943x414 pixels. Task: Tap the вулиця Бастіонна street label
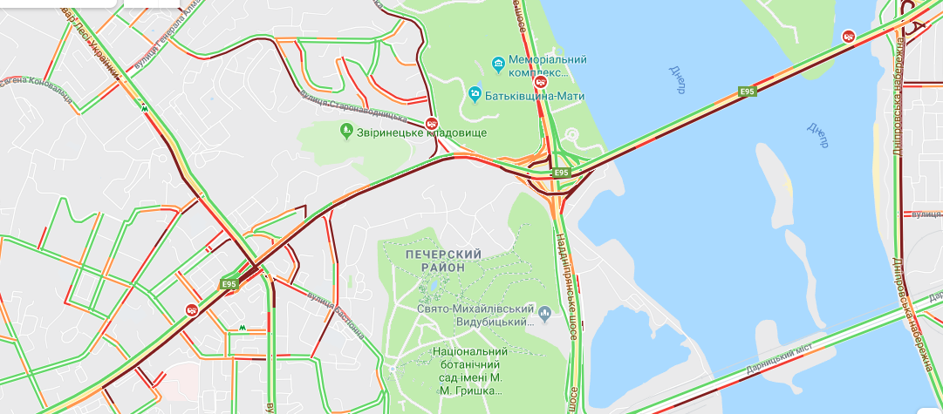335,314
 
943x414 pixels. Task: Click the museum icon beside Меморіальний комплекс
497,62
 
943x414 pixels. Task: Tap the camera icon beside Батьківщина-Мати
475,92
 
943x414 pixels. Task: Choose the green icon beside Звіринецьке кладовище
345,132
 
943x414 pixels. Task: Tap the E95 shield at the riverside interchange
560,173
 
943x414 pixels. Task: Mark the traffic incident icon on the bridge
847,36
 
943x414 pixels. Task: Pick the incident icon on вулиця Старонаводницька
431,124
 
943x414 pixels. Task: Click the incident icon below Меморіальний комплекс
541,82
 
